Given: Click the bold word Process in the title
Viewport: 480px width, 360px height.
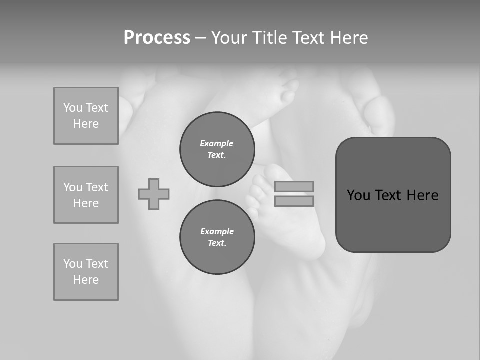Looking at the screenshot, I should tap(157, 38).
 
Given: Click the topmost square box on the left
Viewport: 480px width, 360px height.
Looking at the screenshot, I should tap(86, 116).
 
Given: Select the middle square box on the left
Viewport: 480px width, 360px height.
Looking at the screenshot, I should tap(86, 195).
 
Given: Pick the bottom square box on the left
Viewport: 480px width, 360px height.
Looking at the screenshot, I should tap(86, 272).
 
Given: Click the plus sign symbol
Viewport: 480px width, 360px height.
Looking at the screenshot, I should tap(154, 194).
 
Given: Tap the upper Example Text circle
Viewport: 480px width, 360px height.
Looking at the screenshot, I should tap(217, 149).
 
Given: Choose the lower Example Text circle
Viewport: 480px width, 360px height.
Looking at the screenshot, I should tap(217, 237).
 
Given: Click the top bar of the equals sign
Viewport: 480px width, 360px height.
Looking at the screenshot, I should tap(294, 186).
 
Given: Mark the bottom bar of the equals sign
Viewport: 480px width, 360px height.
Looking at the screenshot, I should tap(294, 201).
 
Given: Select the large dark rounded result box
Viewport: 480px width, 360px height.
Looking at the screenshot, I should tap(393, 195).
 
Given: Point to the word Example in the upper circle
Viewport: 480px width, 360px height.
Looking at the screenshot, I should tap(216, 143).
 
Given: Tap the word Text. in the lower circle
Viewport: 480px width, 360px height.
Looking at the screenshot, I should tap(217, 243).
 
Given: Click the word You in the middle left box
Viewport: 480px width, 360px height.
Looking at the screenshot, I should tap(72, 187).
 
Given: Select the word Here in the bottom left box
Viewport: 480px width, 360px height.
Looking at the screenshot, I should tap(86, 280).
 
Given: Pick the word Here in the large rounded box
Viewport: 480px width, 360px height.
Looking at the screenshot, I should tap(422, 195).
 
